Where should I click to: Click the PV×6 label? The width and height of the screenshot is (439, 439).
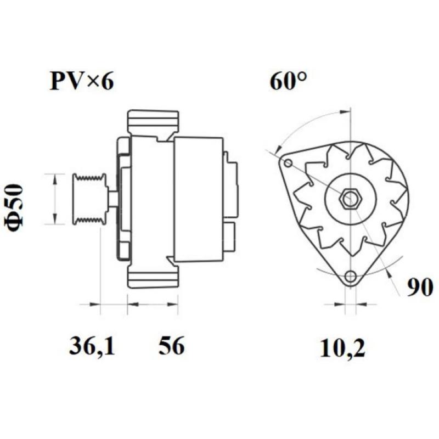coord(82,82)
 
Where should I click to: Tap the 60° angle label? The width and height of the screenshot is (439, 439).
coord(288,82)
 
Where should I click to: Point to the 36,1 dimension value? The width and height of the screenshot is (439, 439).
coord(92,347)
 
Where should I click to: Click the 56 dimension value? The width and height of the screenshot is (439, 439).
coord(172,347)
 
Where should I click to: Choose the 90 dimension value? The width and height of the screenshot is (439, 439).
coord(420,287)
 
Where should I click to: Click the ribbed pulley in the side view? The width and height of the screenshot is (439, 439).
coord(90,198)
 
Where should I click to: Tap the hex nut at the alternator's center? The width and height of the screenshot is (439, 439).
coord(350,198)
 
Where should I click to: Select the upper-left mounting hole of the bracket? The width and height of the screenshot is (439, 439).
coord(289,164)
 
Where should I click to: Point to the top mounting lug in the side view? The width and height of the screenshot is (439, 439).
coord(153,123)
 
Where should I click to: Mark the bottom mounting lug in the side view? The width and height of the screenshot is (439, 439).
coord(153,276)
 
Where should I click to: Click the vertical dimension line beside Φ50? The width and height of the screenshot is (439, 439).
coord(54,198)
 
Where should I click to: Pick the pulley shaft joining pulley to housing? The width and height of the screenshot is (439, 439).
coord(112,199)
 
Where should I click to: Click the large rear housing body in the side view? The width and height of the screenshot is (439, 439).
coord(198,198)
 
